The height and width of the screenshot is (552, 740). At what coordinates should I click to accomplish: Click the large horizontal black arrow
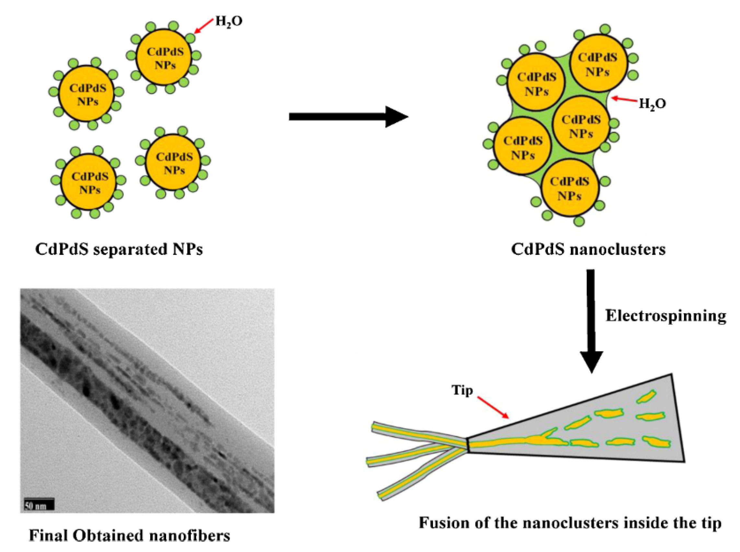[x=347, y=117]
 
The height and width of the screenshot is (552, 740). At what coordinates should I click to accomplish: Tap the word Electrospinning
[x=665, y=316]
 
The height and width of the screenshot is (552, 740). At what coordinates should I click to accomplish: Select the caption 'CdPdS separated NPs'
[x=119, y=249]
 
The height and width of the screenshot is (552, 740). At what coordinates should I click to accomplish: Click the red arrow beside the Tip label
[x=493, y=407]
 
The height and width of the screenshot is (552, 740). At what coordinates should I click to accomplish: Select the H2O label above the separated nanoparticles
[x=228, y=21]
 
